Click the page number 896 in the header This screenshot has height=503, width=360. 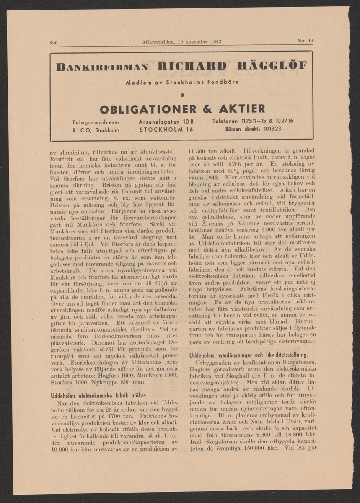coord(53,43)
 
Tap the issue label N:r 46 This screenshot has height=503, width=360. coord(305,41)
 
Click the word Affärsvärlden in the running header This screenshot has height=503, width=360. coord(158,41)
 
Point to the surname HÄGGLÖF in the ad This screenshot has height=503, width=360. coord(272,66)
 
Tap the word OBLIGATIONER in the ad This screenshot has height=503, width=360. coord(148,109)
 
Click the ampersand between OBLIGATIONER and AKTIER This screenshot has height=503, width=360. coord(207,109)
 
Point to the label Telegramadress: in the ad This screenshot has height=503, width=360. coord(96,122)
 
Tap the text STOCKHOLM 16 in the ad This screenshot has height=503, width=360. coord(166,130)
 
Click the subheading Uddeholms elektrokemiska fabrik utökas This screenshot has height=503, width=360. coord(98,395)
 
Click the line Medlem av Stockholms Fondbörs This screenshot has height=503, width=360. coord(182,82)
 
